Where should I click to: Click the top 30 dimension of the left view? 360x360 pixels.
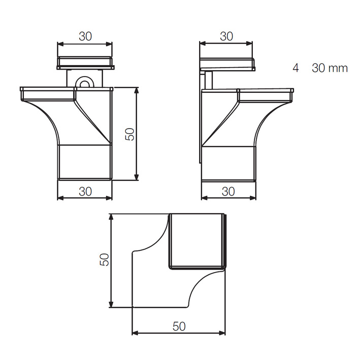pos(85,36)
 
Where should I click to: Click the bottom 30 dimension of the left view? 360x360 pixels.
pos(85,191)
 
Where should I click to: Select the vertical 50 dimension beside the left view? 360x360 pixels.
pos(129,134)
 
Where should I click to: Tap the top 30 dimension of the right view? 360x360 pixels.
pos(226,36)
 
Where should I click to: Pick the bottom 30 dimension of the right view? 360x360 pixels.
pos(228,191)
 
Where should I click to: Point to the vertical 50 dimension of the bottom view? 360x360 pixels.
pos(104,259)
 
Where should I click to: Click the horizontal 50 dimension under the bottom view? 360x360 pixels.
pos(179,326)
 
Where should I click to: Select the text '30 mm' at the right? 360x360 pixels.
pos(330,68)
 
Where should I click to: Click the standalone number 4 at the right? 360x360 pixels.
pos(296,68)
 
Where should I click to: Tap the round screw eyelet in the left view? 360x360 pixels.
pos(85,82)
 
